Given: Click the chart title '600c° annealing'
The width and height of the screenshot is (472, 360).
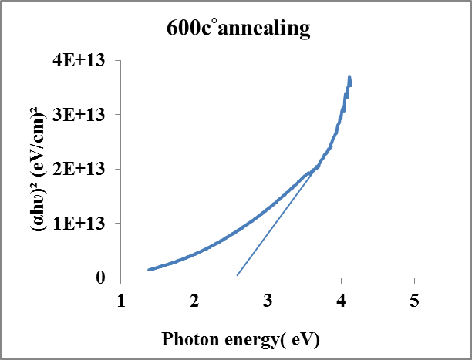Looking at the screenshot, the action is [x=238, y=29].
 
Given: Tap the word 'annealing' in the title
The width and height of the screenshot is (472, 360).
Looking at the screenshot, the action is [x=264, y=30].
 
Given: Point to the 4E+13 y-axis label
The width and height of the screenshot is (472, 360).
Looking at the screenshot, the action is [x=79, y=60].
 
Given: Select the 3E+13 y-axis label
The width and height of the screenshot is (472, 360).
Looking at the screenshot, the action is [x=79, y=115].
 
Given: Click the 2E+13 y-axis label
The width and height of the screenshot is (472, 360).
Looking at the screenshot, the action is [x=79, y=169].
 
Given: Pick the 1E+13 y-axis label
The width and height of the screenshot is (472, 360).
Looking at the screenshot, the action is [x=79, y=224].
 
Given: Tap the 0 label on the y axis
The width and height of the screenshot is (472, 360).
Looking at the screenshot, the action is [x=100, y=278].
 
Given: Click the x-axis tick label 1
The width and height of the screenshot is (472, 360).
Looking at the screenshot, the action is [x=121, y=301].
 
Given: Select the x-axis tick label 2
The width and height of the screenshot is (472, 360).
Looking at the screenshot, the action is [x=194, y=301].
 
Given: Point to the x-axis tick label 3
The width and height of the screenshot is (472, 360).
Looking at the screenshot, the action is [x=268, y=301].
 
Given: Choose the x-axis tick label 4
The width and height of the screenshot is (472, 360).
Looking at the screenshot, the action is [x=342, y=301].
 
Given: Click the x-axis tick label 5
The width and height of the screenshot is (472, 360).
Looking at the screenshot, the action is [x=414, y=301].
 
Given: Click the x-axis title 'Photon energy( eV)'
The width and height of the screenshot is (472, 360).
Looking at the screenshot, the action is [x=240, y=340].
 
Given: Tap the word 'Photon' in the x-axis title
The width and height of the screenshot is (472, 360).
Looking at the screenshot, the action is [x=190, y=339].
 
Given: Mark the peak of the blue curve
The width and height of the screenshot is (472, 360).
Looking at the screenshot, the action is [x=349, y=76].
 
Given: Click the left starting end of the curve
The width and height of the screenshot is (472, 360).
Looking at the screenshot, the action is [x=149, y=270].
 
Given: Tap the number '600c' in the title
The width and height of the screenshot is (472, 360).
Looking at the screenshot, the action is [x=189, y=29].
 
